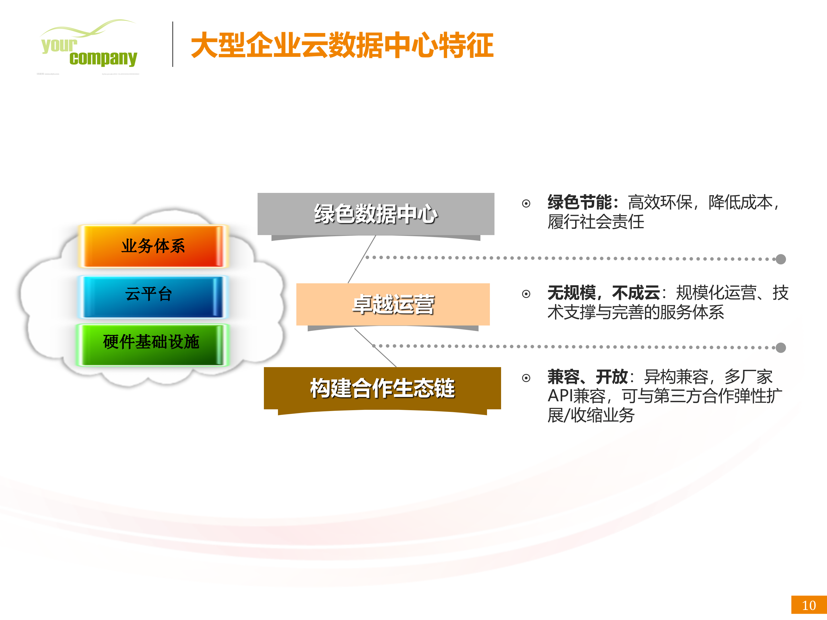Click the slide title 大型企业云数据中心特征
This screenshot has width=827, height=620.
342,45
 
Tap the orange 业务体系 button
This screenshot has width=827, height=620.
153,246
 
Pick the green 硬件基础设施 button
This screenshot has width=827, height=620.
151,342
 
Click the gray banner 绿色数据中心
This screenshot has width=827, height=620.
376,214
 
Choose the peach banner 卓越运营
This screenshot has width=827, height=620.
393,305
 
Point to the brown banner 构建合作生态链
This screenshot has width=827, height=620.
382,388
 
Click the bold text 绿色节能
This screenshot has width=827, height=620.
579,203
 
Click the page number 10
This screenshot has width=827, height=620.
809,605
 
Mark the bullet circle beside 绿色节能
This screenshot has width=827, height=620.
526,204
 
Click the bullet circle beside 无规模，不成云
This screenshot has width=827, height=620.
526,294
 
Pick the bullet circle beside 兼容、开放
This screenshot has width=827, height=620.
526,378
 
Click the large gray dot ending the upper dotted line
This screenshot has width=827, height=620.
781,259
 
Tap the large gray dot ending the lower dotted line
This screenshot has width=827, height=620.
781,348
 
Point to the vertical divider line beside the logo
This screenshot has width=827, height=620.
173,44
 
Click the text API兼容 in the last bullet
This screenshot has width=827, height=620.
576,396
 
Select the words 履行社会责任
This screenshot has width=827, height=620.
596,222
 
